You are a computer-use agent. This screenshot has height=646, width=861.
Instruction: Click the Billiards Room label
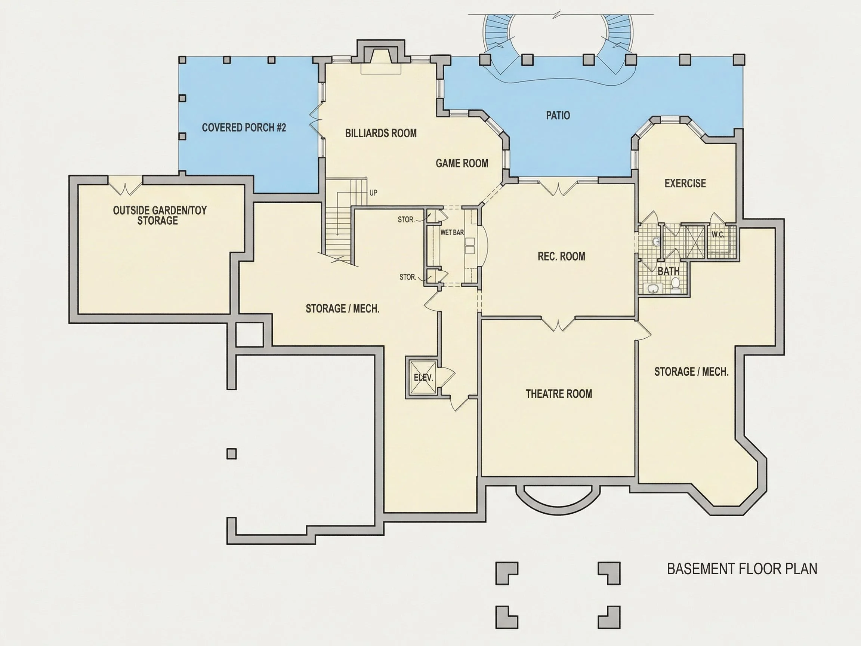[381, 133]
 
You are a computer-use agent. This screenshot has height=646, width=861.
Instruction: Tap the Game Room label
[462, 163]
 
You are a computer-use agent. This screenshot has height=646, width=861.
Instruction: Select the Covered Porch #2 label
[244, 127]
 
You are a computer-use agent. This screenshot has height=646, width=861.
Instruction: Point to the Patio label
[558, 115]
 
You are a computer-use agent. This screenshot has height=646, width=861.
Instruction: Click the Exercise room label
[685, 183]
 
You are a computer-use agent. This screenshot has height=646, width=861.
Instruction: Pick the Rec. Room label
[561, 256]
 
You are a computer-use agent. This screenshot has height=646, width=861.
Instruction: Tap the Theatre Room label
[559, 394]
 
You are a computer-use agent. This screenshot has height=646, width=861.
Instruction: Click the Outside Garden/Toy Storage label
[160, 215]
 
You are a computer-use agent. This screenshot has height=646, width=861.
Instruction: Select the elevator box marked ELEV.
[423, 377]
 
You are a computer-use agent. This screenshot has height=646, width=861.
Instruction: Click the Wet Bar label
[452, 233]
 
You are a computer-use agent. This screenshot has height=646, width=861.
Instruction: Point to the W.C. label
[717, 234]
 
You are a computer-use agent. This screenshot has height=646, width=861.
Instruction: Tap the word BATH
[668, 271]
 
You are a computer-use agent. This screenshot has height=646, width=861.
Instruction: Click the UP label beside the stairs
[373, 193]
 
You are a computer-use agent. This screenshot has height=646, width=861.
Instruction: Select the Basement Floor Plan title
[742, 569]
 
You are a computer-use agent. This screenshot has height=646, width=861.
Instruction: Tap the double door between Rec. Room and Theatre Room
[558, 324]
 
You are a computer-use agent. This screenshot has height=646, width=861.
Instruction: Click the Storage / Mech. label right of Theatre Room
[691, 372]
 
